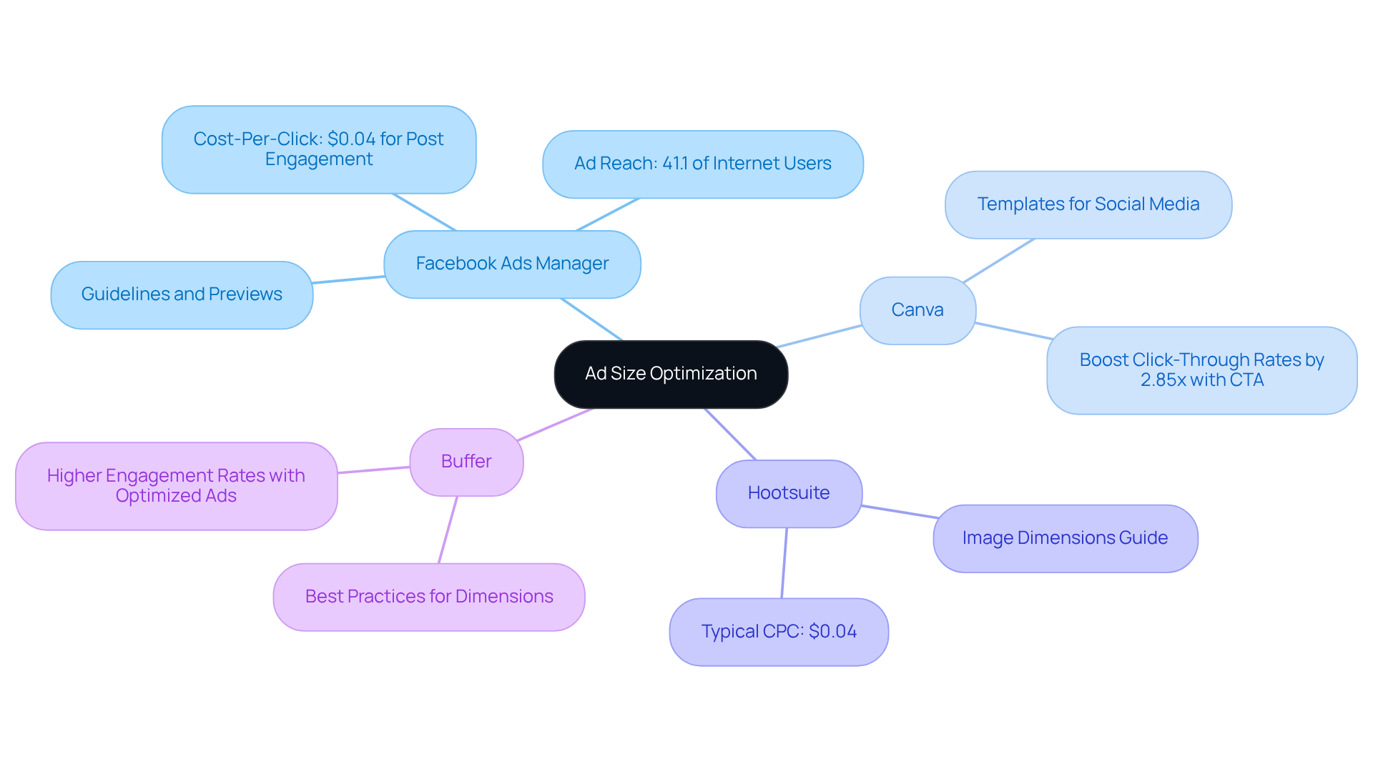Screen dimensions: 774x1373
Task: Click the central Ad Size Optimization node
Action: pyautogui.click(x=671, y=374)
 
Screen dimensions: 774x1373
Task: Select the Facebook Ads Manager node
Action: pyautogui.click(x=512, y=264)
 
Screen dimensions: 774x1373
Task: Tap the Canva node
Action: pyautogui.click(x=917, y=310)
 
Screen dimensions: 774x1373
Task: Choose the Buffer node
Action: pyautogui.click(x=466, y=462)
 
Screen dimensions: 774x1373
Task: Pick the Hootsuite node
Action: pyautogui.click(x=789, y=493)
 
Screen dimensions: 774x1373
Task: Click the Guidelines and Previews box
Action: pyautogui.click(x=182, y=294)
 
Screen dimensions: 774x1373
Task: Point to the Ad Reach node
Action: pyautogui.click(x=702, y=164)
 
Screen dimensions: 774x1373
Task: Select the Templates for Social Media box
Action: pyautogui.click(x=1088, y=204)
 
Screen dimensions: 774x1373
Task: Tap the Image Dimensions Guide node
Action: pyautogui.click(x=1065, y=538)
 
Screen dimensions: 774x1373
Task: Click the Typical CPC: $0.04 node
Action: pyautogui.click(x=779, y=632)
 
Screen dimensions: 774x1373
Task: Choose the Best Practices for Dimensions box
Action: pyautogui.click(x=429, y=597)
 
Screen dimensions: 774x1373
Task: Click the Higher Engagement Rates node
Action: pyautogui.click(x=176, y=486)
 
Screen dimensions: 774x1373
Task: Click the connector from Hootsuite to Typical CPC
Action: pyautogui.click(x=784, y=563)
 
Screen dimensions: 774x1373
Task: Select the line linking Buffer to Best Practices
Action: pyautogui.click(x=448, y=530)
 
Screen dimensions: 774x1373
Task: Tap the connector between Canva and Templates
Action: pyautogui.click(x=998, y=261)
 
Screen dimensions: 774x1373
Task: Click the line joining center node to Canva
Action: pyautogui.click(x=819, y=337)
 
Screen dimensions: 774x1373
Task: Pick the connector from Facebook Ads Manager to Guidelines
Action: pyautogui.click(x=348, y=279)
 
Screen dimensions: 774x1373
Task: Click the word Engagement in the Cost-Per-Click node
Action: pyautogui.click(x=319, y=159)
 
